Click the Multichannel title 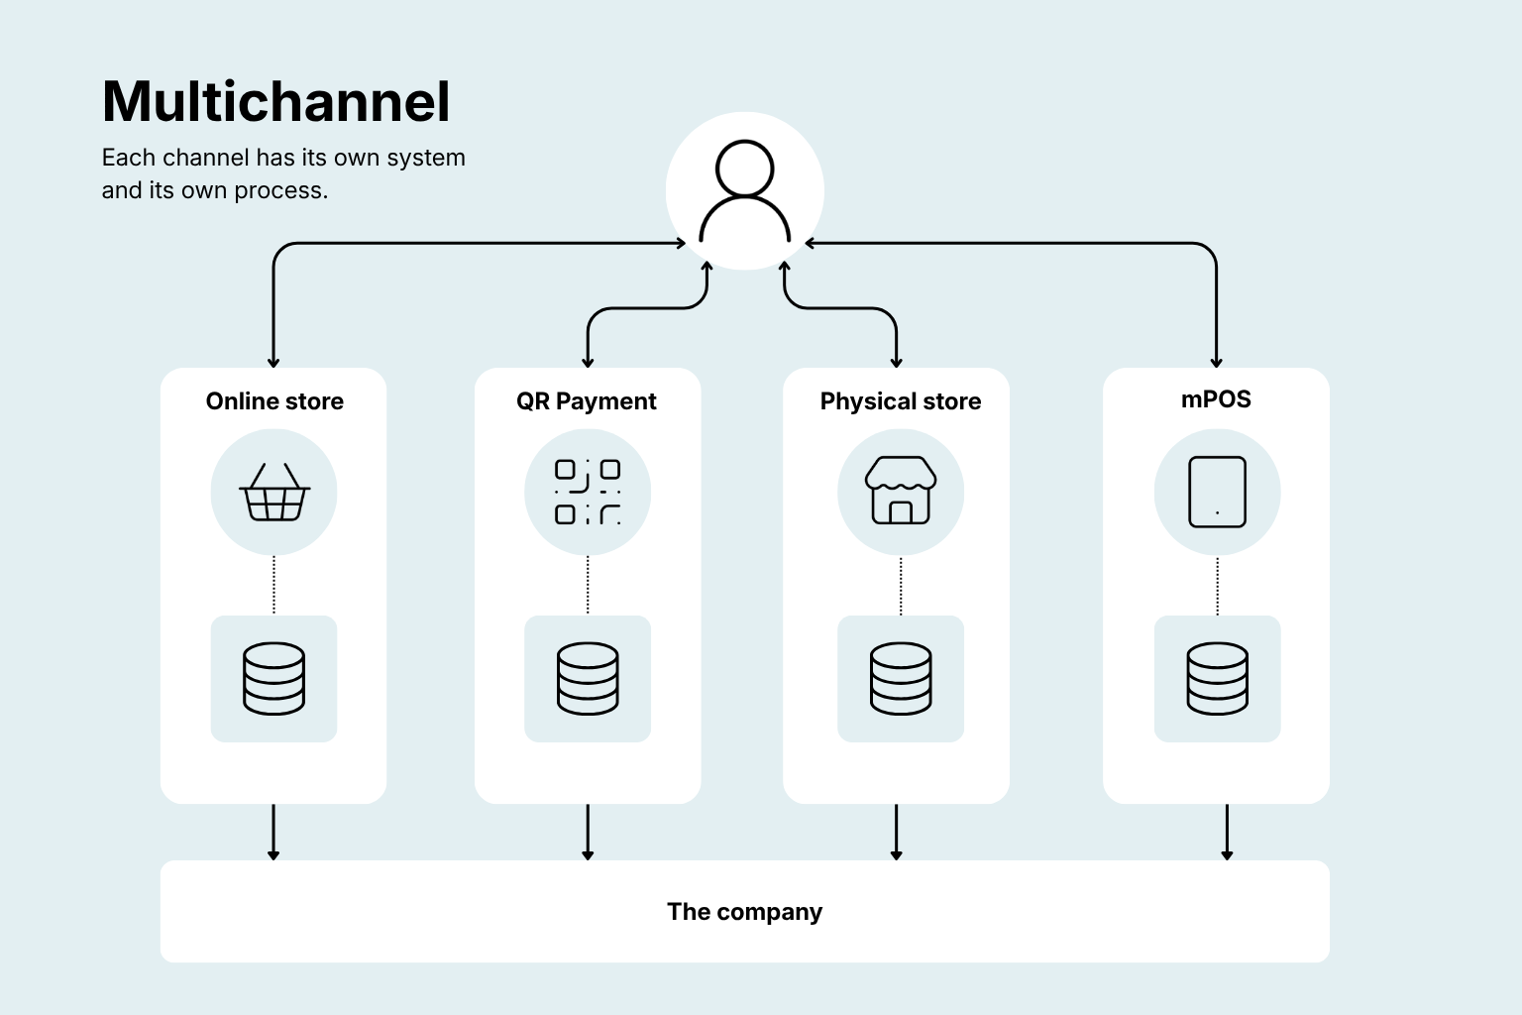[275, 102]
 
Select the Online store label [274, 401]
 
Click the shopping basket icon [274, 493]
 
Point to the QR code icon [588, 493]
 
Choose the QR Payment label [587, 401]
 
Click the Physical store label [901, 401]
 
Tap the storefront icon [901, 491]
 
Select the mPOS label [1216, 399]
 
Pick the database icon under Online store [273, 678]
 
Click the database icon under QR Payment [588, 678]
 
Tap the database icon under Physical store [901, 678]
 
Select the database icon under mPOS [1218, 678]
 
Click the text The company [745, 912]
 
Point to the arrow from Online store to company [273, 833]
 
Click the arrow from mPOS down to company [1227, 833]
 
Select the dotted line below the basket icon [273, 586]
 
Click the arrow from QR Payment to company [588, 833]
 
